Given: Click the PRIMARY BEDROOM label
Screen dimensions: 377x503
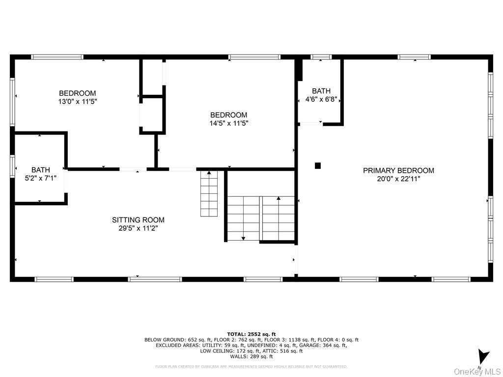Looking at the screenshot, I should (x=398, y=170).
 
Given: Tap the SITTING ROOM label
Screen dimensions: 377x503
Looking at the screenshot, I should (x=138, y=220).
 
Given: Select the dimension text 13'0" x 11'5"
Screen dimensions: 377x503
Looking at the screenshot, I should (x=78, y=102).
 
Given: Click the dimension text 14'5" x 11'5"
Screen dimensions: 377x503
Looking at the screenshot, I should (x=229, y=124).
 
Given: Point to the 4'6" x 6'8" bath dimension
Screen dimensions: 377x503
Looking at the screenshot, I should (x=321, y=99).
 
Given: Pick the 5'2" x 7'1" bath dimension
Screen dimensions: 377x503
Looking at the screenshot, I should (x=41, y=179).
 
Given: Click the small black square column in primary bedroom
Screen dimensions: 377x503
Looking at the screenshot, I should (x=318, y=166).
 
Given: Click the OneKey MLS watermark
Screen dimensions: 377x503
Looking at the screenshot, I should (x=477, y=371).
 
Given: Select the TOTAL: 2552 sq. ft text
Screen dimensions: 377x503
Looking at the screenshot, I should (x=251, y=334).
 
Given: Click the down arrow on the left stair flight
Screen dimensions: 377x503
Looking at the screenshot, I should (x=243, y=238).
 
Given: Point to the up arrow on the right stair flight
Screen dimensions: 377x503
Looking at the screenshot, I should (x=279, y=199).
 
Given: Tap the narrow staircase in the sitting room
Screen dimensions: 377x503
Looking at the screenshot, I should (x=209, y=194).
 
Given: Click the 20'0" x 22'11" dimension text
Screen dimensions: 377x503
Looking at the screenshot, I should (x=398, y=179).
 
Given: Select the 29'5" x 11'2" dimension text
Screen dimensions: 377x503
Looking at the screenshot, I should (x=138, y=228).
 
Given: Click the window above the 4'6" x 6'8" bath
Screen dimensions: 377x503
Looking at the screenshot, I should (x=321, y=57).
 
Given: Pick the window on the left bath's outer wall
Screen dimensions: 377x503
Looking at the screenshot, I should (x=12, y=165).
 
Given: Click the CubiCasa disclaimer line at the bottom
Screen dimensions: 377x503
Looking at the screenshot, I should (x=251, y=366).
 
